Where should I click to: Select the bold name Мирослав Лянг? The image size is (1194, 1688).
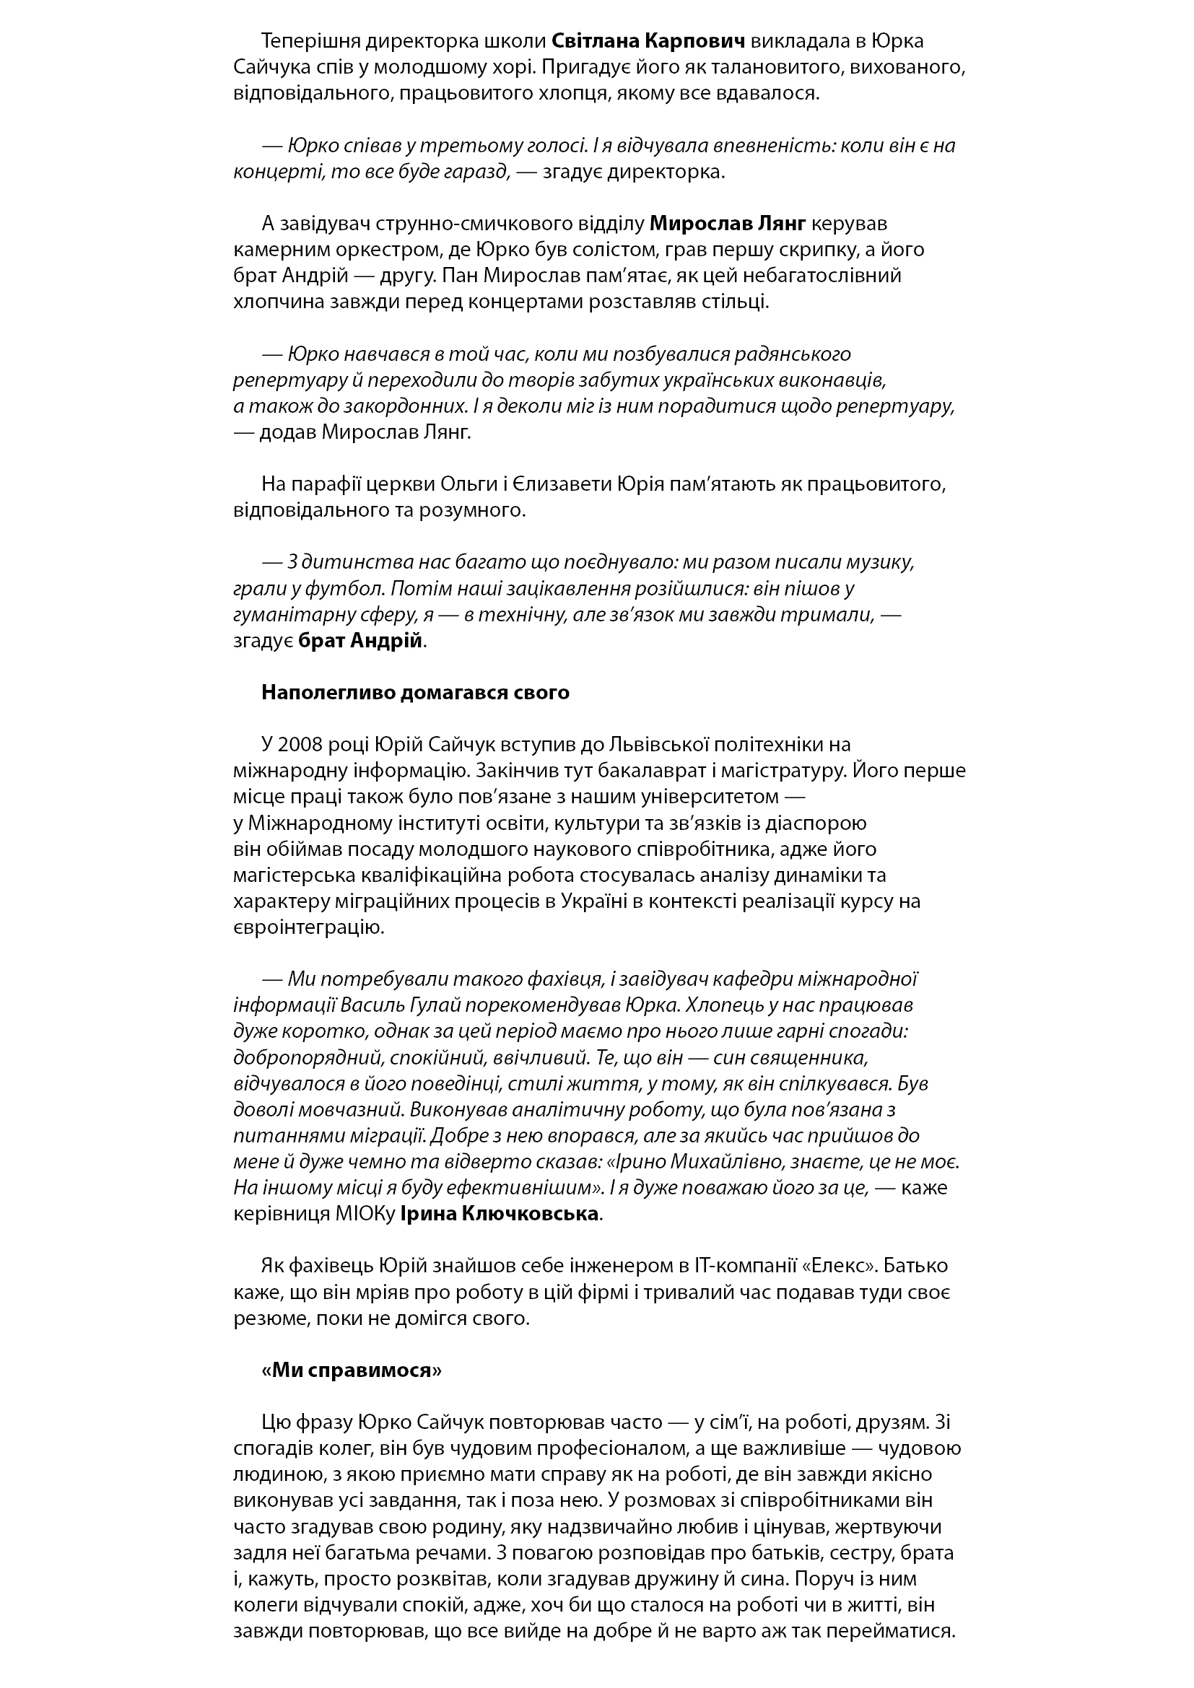point(728,223)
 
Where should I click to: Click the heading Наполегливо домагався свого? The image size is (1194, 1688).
point(415,693)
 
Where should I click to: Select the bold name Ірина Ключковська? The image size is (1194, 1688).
point(500,1214)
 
